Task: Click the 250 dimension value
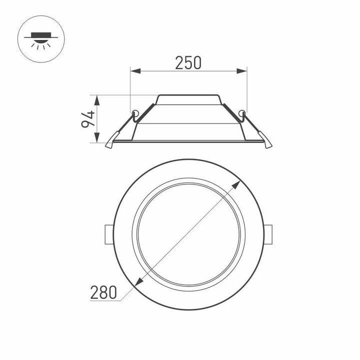[x=188, y=62]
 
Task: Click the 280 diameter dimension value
[x=103, y=292]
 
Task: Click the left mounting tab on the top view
[x=107, y=234]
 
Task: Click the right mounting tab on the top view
[x=269, y=234]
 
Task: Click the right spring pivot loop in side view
[x=243, y=112]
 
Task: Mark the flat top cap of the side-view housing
[x=188, y=95]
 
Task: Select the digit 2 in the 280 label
[x=94, y=292]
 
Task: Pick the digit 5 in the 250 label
[x=188, y=62]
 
